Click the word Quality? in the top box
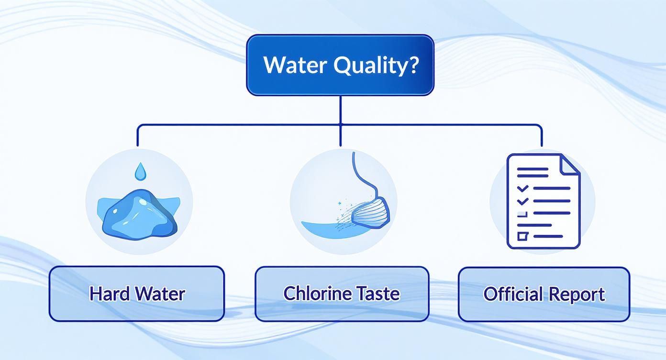click(376, 65)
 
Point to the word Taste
click(376, 293)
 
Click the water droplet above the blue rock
click(140, 171)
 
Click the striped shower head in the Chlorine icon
click(371, 212)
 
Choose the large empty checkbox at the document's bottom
click(522, 236)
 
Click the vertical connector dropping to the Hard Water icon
click(138, 135)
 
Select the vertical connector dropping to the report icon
click(542, 135)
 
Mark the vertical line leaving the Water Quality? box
click(340, 110)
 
